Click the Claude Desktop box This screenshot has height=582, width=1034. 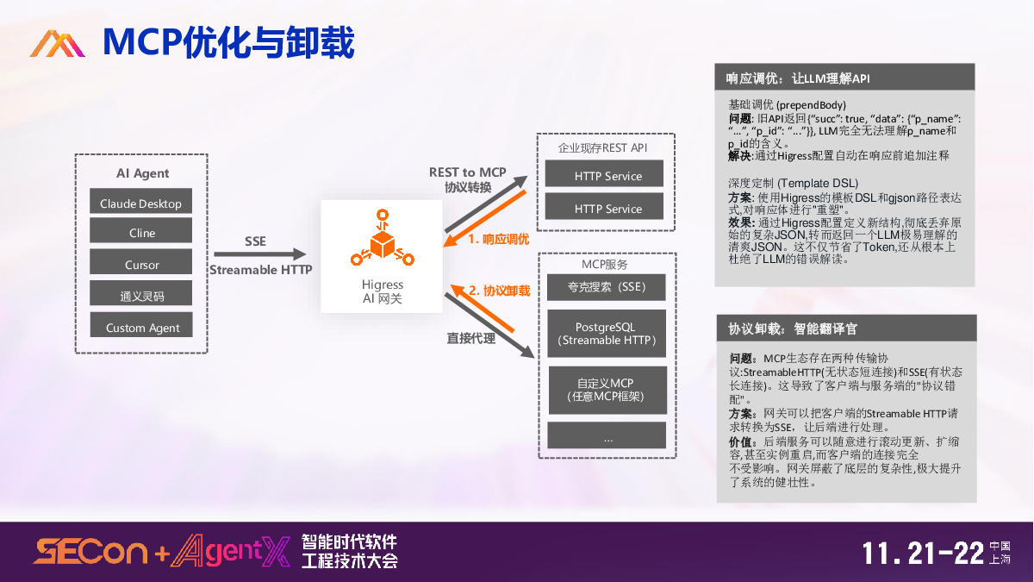click(x=140, y=203)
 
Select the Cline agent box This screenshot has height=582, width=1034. click(x=140, y=233)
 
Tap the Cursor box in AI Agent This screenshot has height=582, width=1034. click(x=140, y=264)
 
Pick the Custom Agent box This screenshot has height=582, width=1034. click(x=140, y=327)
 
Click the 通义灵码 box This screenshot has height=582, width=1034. click(x=140, y=296)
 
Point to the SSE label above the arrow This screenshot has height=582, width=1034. click(x=255, y=241)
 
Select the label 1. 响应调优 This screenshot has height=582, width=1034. click(x=498, y=240)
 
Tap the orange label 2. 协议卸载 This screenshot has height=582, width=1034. click(x=499, y=291)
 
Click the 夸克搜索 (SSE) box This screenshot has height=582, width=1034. click(x=607, y=287)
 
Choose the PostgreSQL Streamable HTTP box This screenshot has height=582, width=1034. click(x=607, y=334)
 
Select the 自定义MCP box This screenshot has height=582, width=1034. click(x=607, y=390)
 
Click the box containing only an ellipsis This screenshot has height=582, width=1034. click(x=607, y=438)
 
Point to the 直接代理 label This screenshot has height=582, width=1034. click(x=470, y=339)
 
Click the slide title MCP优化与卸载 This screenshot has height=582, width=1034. click(x=227, y=42)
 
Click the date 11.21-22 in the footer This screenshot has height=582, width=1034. click(x=923, y=553)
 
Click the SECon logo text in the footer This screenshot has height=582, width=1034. click(x=90, y=552)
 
